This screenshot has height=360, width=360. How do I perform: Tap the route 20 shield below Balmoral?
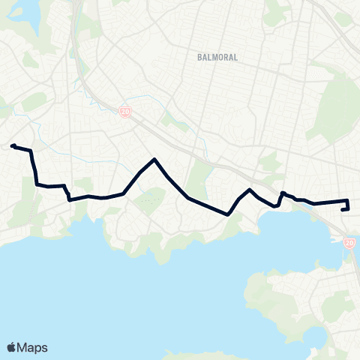pyautogui.click(x=124, y=112)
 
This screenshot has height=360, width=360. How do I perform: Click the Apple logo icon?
pyautogui.click(x=11, y=347)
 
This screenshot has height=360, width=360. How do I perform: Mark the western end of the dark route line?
pyautogui.click(x=13, y=147)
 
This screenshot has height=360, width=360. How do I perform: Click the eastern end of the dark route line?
pyautogui.click(x=343, y=210)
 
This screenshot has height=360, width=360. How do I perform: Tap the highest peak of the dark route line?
pyautogui.click(x=154, y=159)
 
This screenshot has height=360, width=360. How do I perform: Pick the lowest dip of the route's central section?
pyautogui.click(x=226, y=214)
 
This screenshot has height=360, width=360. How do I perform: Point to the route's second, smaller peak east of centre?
pyautogui.click(x=250, y=189)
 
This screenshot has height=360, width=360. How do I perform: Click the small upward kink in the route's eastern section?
pyautogui.click(x=282, y=193)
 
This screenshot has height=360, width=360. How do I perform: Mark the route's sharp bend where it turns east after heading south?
pyautogui.click(x=37, y=184)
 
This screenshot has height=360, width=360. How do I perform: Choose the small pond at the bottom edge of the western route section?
pyautogui.click(x=71, y=200)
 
